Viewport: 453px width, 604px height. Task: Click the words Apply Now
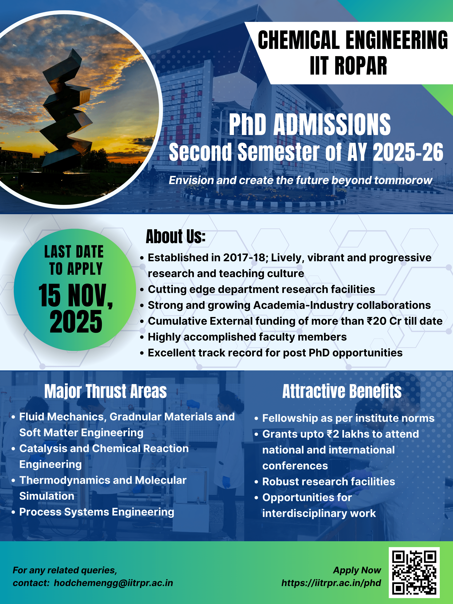point(357,570)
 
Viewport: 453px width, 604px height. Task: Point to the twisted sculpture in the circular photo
point(67,109)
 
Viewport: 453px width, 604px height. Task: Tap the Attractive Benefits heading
point(342,391)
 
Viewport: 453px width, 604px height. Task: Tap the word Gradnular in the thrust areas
point(135,417)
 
